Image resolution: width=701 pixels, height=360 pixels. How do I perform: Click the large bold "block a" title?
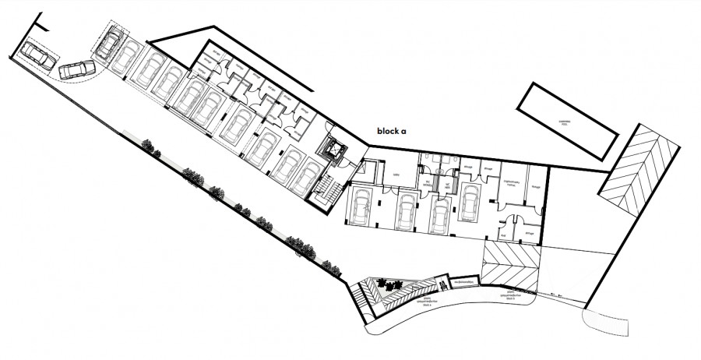click(392, 132)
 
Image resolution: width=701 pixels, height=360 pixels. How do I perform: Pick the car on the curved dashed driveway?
click(76, 69)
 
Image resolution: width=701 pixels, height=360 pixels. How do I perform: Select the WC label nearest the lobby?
click(428, 185)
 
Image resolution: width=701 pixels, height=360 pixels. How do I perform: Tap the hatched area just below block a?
click(512, 264)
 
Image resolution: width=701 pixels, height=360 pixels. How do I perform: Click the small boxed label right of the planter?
click(465, 281)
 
